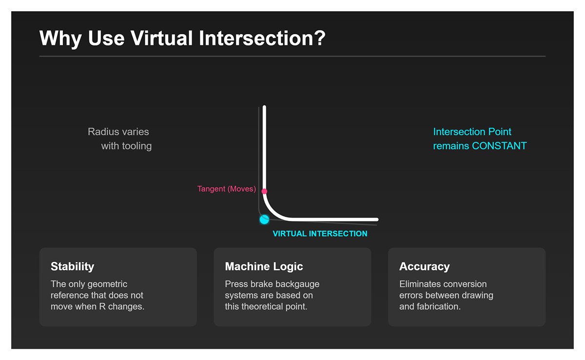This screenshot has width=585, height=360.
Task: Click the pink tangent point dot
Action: (264, 191)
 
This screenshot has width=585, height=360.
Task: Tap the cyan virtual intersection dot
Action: (264, 220)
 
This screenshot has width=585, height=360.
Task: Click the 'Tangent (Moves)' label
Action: (226, 189)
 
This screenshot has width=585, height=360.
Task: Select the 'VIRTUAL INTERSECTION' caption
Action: (320, 234)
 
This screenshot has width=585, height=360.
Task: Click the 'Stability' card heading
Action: (72, 266)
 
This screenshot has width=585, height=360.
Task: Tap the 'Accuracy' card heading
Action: (424, 266)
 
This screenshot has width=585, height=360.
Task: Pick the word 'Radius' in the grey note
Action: (101, 132)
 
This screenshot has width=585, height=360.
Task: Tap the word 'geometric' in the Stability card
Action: (105, 284)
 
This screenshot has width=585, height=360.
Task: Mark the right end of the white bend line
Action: (376, 220)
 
